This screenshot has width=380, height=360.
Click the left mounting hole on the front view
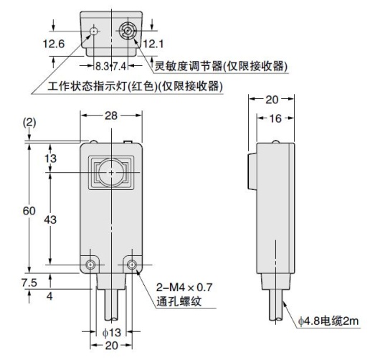[x=91, y=266]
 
